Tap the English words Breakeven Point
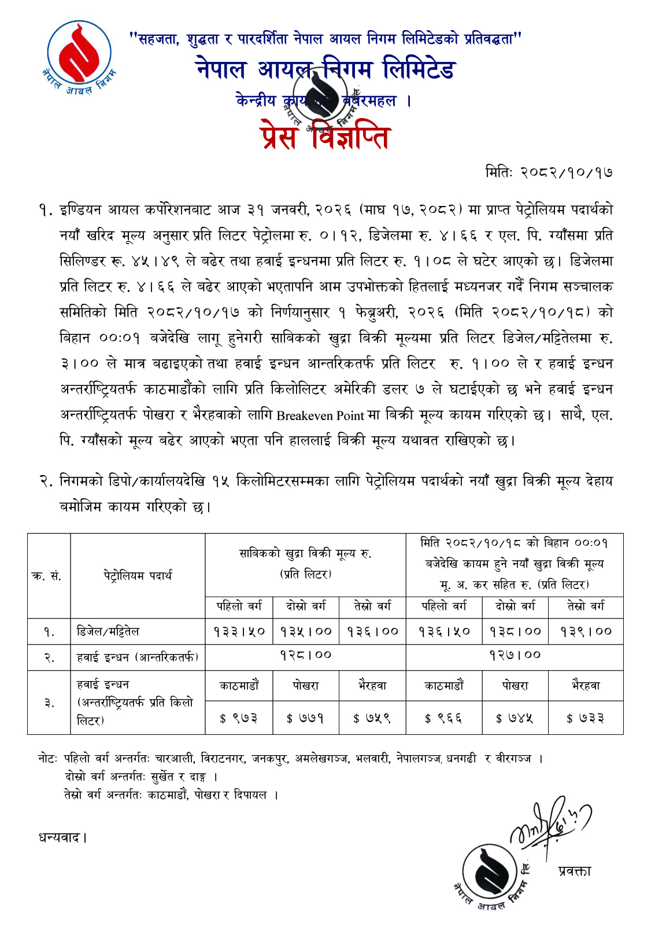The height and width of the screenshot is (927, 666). click(x=320, y=415)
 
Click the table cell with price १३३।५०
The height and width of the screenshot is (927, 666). click(x=239, y=631)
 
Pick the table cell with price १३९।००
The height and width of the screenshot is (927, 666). click(x=586, y=631)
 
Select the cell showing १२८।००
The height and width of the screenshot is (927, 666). click(x=305, y=655)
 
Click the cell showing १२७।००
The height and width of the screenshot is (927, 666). click(x=515, y=655)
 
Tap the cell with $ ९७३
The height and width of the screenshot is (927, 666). click(x=239, y=718)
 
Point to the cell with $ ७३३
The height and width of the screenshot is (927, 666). click(x=586, y=718)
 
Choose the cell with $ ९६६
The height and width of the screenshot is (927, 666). click(x=443, y=718)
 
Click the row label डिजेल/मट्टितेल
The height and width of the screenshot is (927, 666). click(x=108, y=631)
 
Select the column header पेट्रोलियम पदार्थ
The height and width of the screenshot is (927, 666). click(x=138, y=576)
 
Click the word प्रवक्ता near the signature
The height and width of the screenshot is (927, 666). click(x=575, y=871)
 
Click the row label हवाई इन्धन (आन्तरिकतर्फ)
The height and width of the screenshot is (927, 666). click(x=138, y=657)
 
